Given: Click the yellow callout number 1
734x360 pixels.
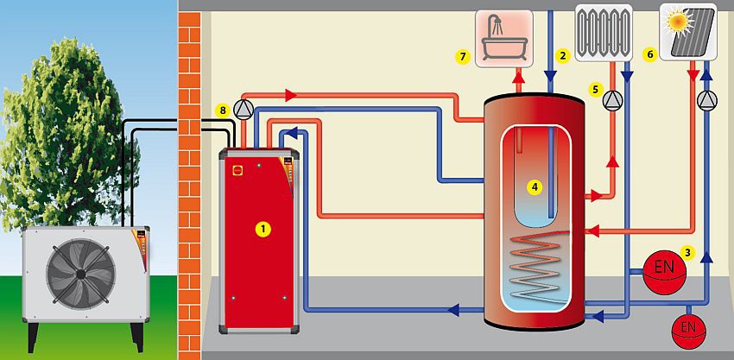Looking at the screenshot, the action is tap(263, 229).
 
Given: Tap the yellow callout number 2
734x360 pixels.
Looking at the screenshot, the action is tap(563, 56).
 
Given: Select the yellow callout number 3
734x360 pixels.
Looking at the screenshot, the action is tap(687, 253).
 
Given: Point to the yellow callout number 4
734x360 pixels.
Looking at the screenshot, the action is tap(535, 187).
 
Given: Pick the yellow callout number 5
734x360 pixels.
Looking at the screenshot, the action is tap(595, 90).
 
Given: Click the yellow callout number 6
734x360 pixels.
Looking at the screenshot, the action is tap(649, 54).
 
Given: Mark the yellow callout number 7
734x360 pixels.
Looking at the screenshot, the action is tap(463, 57).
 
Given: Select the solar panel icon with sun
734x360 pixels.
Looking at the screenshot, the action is tap(688, 32).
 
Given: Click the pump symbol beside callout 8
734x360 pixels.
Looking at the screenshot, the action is tap(244, 110).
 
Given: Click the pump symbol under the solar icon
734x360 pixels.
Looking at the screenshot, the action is tap(707, 100).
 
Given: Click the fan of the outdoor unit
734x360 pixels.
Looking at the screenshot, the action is tap(81, 274).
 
